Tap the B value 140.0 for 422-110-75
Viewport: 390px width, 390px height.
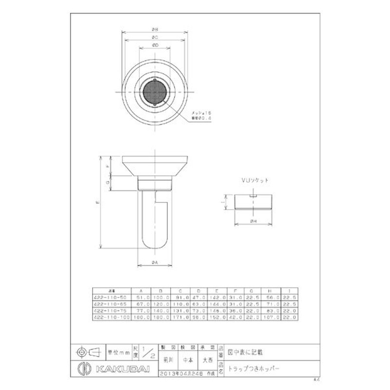[x=159, y=311]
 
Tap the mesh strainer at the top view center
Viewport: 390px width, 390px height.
[x=154, y=92]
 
